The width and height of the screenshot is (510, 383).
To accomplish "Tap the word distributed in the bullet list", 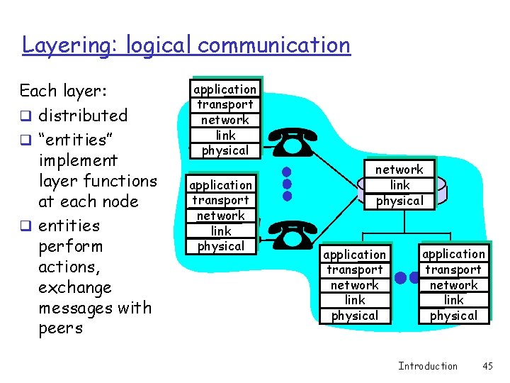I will click(83, 115).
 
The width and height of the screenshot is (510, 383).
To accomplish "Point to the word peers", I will click(61, 328).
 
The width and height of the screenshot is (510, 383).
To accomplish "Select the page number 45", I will click(487, 366).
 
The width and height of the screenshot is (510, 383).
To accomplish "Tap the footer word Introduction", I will click(428, 366).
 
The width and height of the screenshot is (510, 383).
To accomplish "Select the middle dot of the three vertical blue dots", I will click(287, 183).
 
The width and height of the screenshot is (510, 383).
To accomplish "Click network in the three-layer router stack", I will click(399, 170).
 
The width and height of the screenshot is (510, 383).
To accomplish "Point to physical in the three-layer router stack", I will click(399, 201).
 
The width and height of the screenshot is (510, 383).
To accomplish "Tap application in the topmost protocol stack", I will click(225, 89).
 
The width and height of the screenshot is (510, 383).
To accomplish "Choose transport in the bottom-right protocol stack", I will click(453, 270).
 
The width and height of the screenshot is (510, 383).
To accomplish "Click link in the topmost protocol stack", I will click(225, 135).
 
